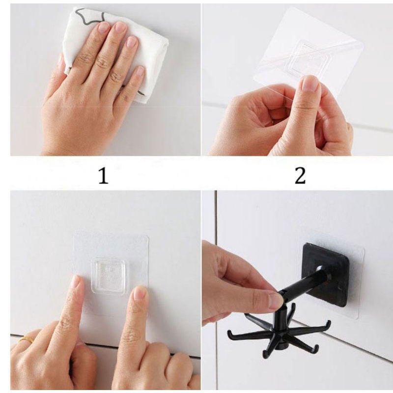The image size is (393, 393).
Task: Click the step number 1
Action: (x=104, y=175)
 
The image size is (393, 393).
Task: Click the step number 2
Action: (x=300, y=175)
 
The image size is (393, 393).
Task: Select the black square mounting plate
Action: (x=326, y=275)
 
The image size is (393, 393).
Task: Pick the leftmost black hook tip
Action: (x=229, y=333)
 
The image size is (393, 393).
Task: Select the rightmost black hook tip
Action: (x=328, y=323)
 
